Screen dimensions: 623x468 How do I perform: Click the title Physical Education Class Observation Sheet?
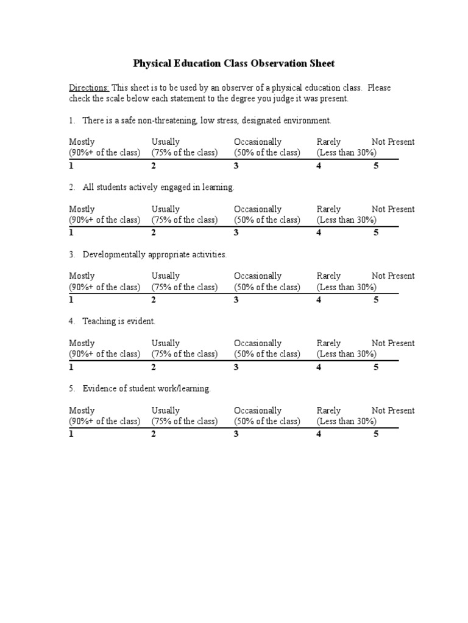click(234, 63)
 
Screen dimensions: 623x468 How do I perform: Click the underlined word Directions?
click(88, 88)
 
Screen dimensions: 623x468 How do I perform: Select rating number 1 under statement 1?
click(71, 165)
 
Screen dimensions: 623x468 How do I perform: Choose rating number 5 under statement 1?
click(376, 165)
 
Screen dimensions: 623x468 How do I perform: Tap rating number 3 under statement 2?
click(236, 232)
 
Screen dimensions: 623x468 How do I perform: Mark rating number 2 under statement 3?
click(154, 299)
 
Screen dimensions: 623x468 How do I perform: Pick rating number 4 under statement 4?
click(319, 367)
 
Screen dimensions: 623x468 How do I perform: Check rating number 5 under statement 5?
click(376, 434)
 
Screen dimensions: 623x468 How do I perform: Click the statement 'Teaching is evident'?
click(119, 321)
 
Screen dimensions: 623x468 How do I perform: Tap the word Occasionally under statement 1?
click(258, 142)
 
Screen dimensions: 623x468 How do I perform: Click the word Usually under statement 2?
click(166, 209)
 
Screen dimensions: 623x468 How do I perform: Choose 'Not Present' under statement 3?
click(393, 276)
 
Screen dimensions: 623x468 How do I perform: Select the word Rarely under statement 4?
click(328, 343)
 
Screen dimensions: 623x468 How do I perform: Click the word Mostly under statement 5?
click(82, 411)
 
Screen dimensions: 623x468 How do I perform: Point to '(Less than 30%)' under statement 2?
click(346, 220)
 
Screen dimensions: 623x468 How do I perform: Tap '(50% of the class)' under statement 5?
click(267, 421)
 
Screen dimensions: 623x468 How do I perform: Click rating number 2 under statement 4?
click(154, 367)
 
